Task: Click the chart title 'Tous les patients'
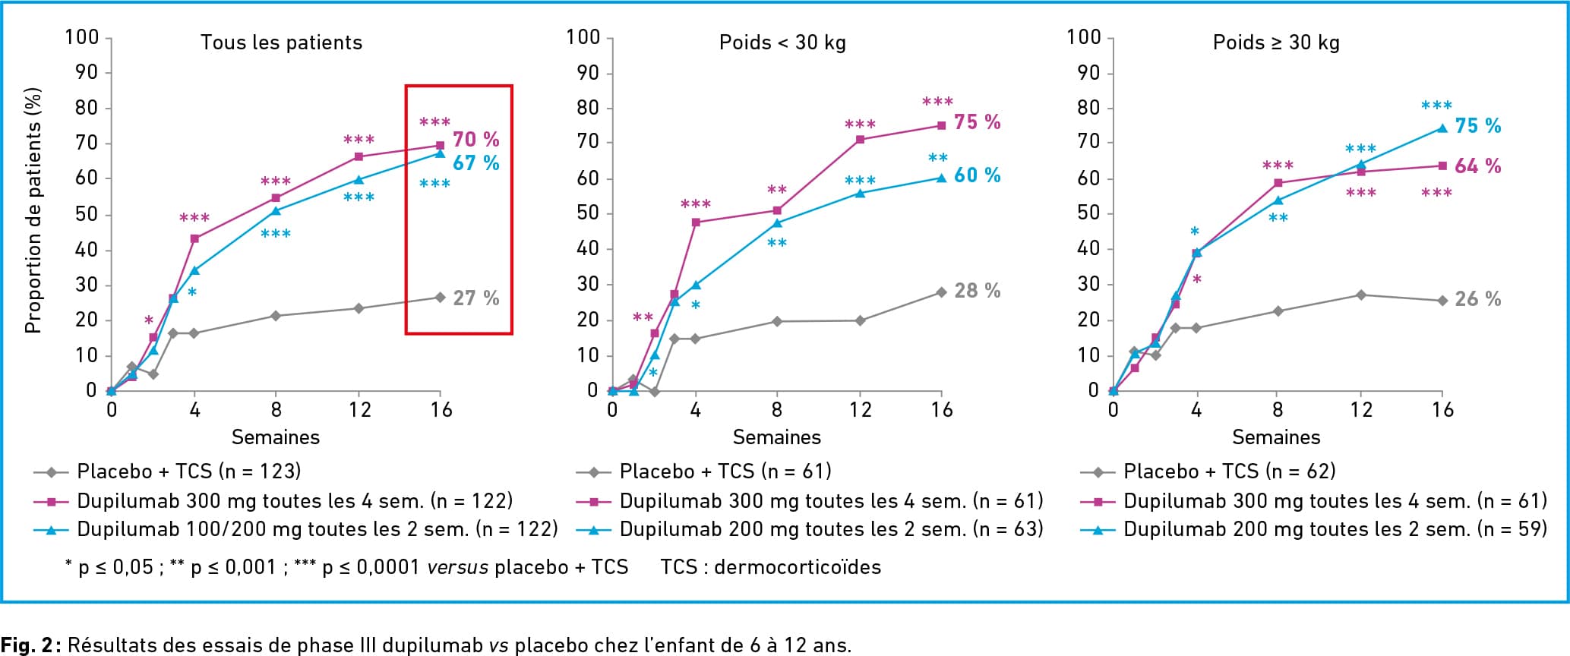click(281, 43)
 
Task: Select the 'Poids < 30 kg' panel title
click(782, 43)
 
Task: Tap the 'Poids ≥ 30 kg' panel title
click(1276, 43)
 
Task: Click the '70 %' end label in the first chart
click(476, 140)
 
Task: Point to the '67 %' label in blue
click(476, 163)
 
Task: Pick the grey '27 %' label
click(476, 298)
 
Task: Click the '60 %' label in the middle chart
click(978, 175)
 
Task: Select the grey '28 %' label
click(978, 291)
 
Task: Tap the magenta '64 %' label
click(1478, 166)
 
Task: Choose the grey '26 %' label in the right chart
click(1478, 299)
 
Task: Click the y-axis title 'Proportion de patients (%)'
click(33, 211)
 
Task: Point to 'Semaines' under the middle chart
click(776, 437)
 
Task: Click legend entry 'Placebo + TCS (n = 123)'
click(188, 471)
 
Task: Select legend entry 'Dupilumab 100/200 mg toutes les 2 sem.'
click(317, 529)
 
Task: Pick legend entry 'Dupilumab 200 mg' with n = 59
click(1335, 529)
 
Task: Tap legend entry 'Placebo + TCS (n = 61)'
click(725, 471)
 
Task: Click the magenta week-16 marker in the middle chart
click(942, 126)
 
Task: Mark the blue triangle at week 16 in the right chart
click(1442, 128)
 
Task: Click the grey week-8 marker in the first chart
click(276, 316)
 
